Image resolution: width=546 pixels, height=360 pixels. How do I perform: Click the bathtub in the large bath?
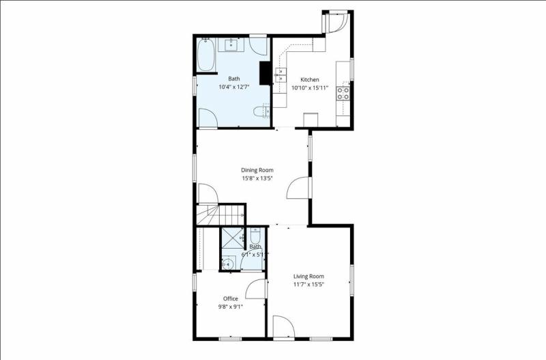205,55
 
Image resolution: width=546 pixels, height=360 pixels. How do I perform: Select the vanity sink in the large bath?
231,45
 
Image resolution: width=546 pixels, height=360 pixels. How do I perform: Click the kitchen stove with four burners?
343,92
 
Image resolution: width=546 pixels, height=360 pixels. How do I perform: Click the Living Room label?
308,276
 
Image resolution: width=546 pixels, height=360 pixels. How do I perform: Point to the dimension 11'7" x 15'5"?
308,284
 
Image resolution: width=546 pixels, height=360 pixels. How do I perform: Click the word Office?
230,299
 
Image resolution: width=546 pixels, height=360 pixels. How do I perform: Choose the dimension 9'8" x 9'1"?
230,307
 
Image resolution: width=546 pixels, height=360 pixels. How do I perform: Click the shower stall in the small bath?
232,239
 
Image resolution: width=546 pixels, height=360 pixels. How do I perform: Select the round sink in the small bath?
229,262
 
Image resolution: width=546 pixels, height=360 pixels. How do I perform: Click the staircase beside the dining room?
220,214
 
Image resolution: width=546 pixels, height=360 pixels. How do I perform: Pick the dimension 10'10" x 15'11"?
310,88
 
